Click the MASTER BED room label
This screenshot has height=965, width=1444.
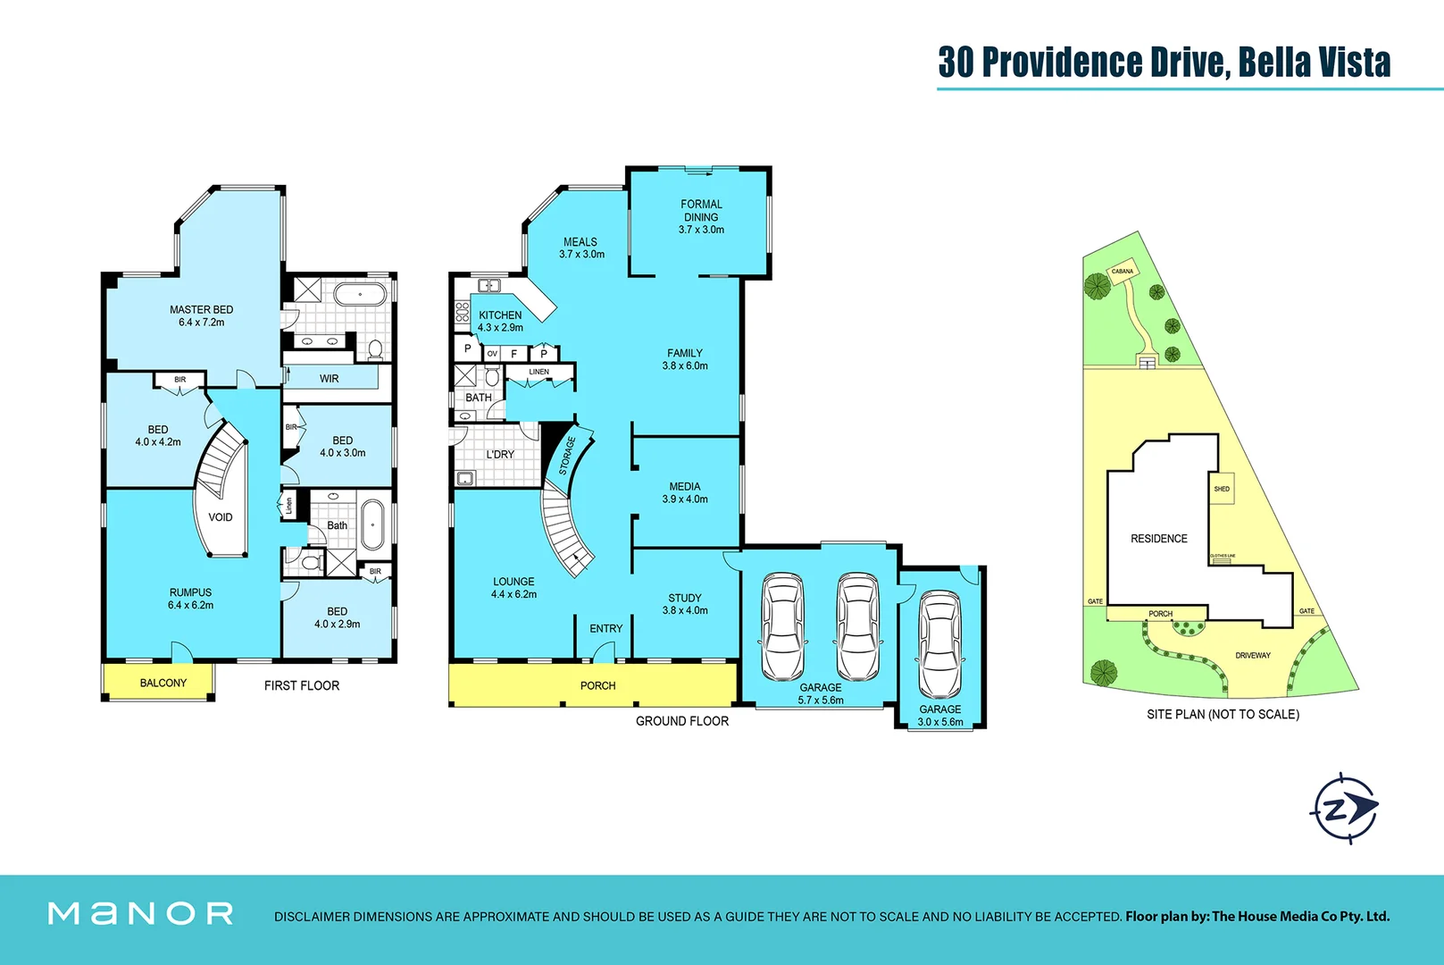click(202, 310)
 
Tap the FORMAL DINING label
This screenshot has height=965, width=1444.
click(701, 211)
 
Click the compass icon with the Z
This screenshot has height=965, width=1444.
click(1343, 810)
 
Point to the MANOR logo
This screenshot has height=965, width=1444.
click(141, 913)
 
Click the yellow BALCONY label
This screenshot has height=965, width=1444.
click(163, 683)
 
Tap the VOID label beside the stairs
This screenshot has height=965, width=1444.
click(221, 517)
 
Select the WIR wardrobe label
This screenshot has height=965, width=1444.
click(330, 379)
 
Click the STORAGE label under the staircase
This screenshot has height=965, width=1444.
click(568, 456)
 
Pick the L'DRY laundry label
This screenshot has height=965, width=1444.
click(500, 455)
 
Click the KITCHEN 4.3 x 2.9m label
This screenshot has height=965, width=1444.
click(500, 322)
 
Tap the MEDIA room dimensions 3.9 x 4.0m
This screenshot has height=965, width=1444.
click(685, 499)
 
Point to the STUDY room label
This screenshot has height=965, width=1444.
click(685, 598)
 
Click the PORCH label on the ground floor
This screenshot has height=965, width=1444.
click(597, 686)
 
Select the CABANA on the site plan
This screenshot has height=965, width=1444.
click(1122, 272)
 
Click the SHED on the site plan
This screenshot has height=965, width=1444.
click(1222, 489)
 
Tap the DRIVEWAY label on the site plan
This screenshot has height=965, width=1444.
click(1253, 656)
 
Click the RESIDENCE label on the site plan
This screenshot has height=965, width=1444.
click(1159, 539)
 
